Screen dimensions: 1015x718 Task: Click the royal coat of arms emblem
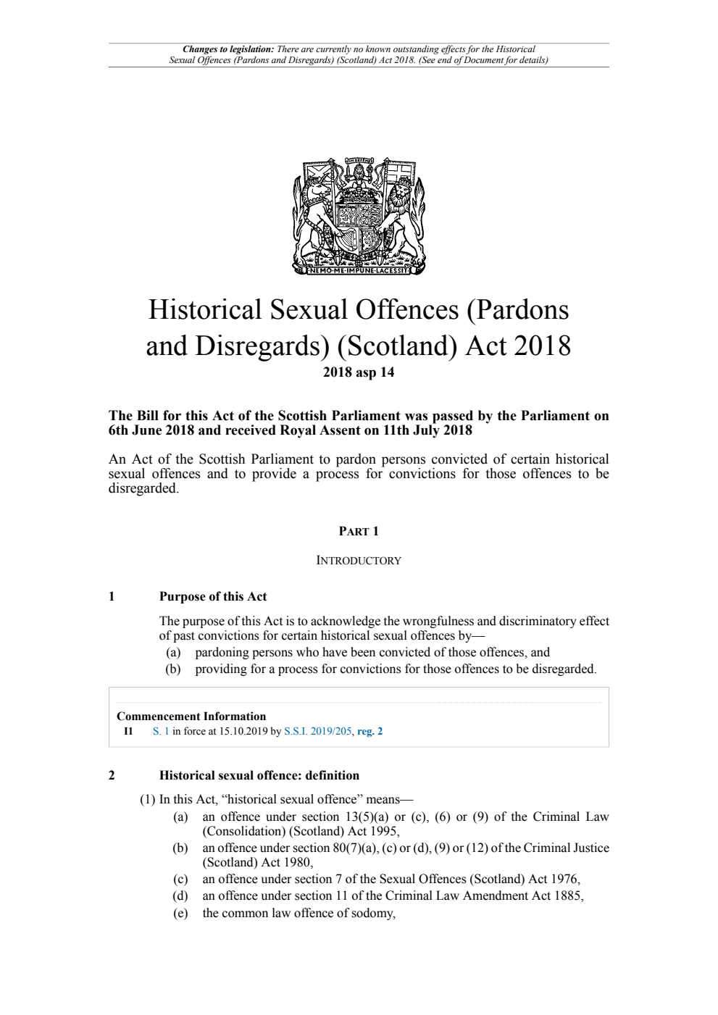tap(359, 215)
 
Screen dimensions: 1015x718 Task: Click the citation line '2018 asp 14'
tap(359, 372)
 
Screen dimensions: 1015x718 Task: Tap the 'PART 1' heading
tap(359, 531)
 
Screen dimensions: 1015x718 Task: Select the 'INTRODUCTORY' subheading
tap(359, 560)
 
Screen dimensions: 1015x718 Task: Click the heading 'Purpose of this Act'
tap(213, 596)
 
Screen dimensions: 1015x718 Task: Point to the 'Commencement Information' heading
tap(191, 716)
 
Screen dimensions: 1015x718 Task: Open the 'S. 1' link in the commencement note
tap(161, 731)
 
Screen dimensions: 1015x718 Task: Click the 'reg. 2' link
tap(370, 731)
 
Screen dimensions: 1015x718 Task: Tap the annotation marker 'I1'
tap(128, 731)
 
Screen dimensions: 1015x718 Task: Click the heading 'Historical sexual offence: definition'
tap(259, 775)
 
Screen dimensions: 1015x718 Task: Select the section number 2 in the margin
tap(112, 775)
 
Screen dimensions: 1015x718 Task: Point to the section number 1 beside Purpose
tap(112, 596)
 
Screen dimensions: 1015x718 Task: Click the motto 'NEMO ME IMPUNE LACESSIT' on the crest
tap(359, 271)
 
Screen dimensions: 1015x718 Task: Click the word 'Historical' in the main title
tap(205, 309)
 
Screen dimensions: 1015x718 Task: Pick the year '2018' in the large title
tap(542, 346)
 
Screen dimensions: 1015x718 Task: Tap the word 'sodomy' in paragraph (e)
tap(372, 913)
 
